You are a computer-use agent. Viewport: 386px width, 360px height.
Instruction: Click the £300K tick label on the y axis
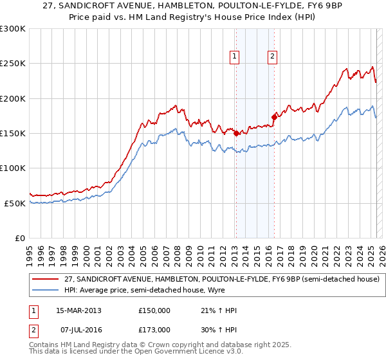coord(13,29)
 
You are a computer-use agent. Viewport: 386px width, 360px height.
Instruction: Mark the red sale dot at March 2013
coord(236,134)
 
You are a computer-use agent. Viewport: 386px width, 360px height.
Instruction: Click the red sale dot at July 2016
coord(274,118)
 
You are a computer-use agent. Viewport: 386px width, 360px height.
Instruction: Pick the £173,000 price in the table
coord(154,330)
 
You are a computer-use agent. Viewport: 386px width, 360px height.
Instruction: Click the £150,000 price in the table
coord(154,310)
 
